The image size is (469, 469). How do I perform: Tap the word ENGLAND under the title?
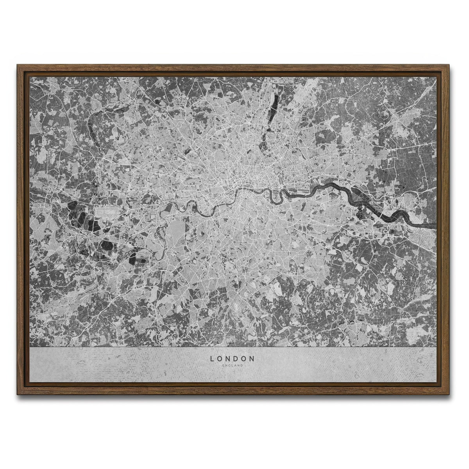pos(233,365)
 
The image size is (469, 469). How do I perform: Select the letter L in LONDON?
pos(212,358)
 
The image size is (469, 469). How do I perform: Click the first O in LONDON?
pos(220,358)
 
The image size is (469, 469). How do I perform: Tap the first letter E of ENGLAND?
pos(222,365)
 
